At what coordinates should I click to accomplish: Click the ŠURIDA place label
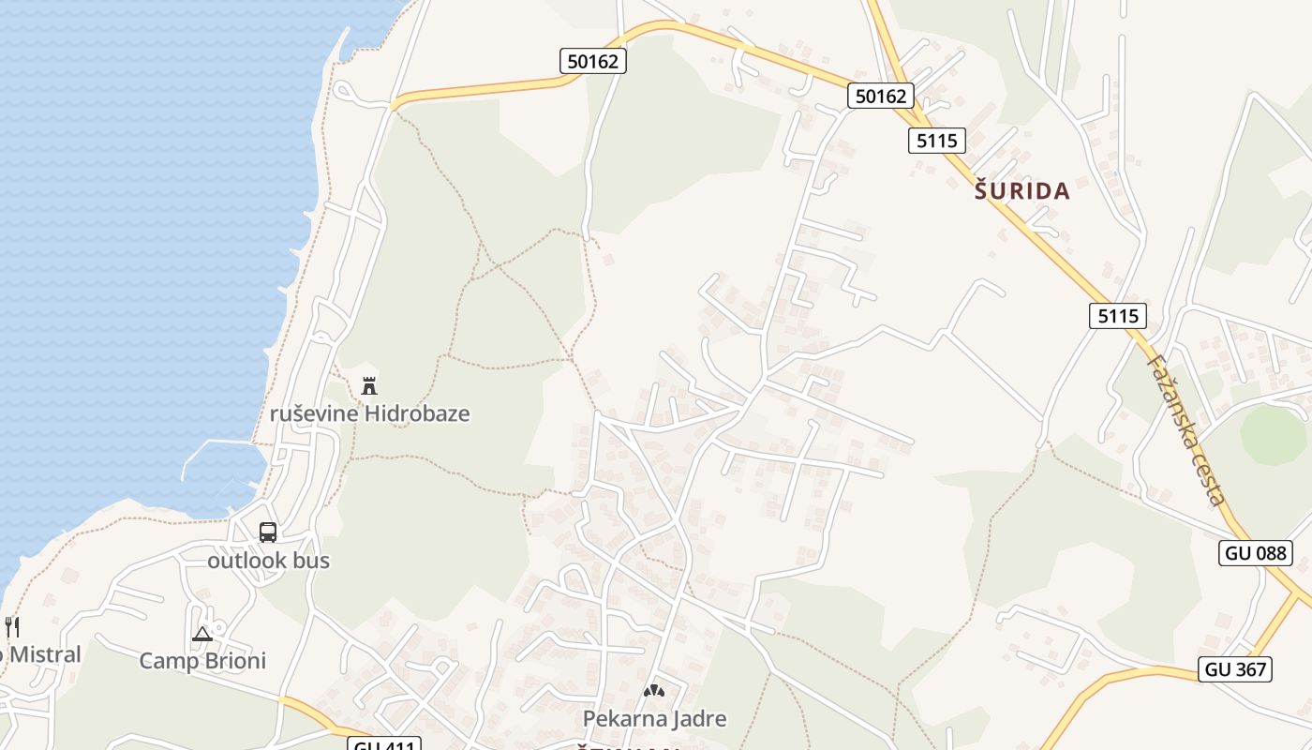click(1022, 191)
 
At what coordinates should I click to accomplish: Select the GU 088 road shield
click(1256, 553)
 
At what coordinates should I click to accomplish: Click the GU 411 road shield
click(384, 745)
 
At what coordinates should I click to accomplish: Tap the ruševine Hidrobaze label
click(369, 413)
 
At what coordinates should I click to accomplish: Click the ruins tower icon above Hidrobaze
click(369, 385)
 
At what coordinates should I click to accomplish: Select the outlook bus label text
click(268, 561)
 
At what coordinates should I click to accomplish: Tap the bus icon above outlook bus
click(268, 532)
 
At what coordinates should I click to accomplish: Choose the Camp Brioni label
click(202, 661)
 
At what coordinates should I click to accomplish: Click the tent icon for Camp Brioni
click(202, 635)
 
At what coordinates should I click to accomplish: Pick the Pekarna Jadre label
click(654, 719)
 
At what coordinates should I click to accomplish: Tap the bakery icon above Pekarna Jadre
click(654, 692)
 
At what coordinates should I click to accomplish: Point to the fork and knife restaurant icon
click(11, 627)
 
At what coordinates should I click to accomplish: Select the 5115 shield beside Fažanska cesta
click(1118, 316)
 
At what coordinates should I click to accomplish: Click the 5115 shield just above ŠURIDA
click(936, 141)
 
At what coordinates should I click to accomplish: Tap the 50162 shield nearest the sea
click(594, 62)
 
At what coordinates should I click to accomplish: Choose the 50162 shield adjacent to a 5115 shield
click(880, 96)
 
